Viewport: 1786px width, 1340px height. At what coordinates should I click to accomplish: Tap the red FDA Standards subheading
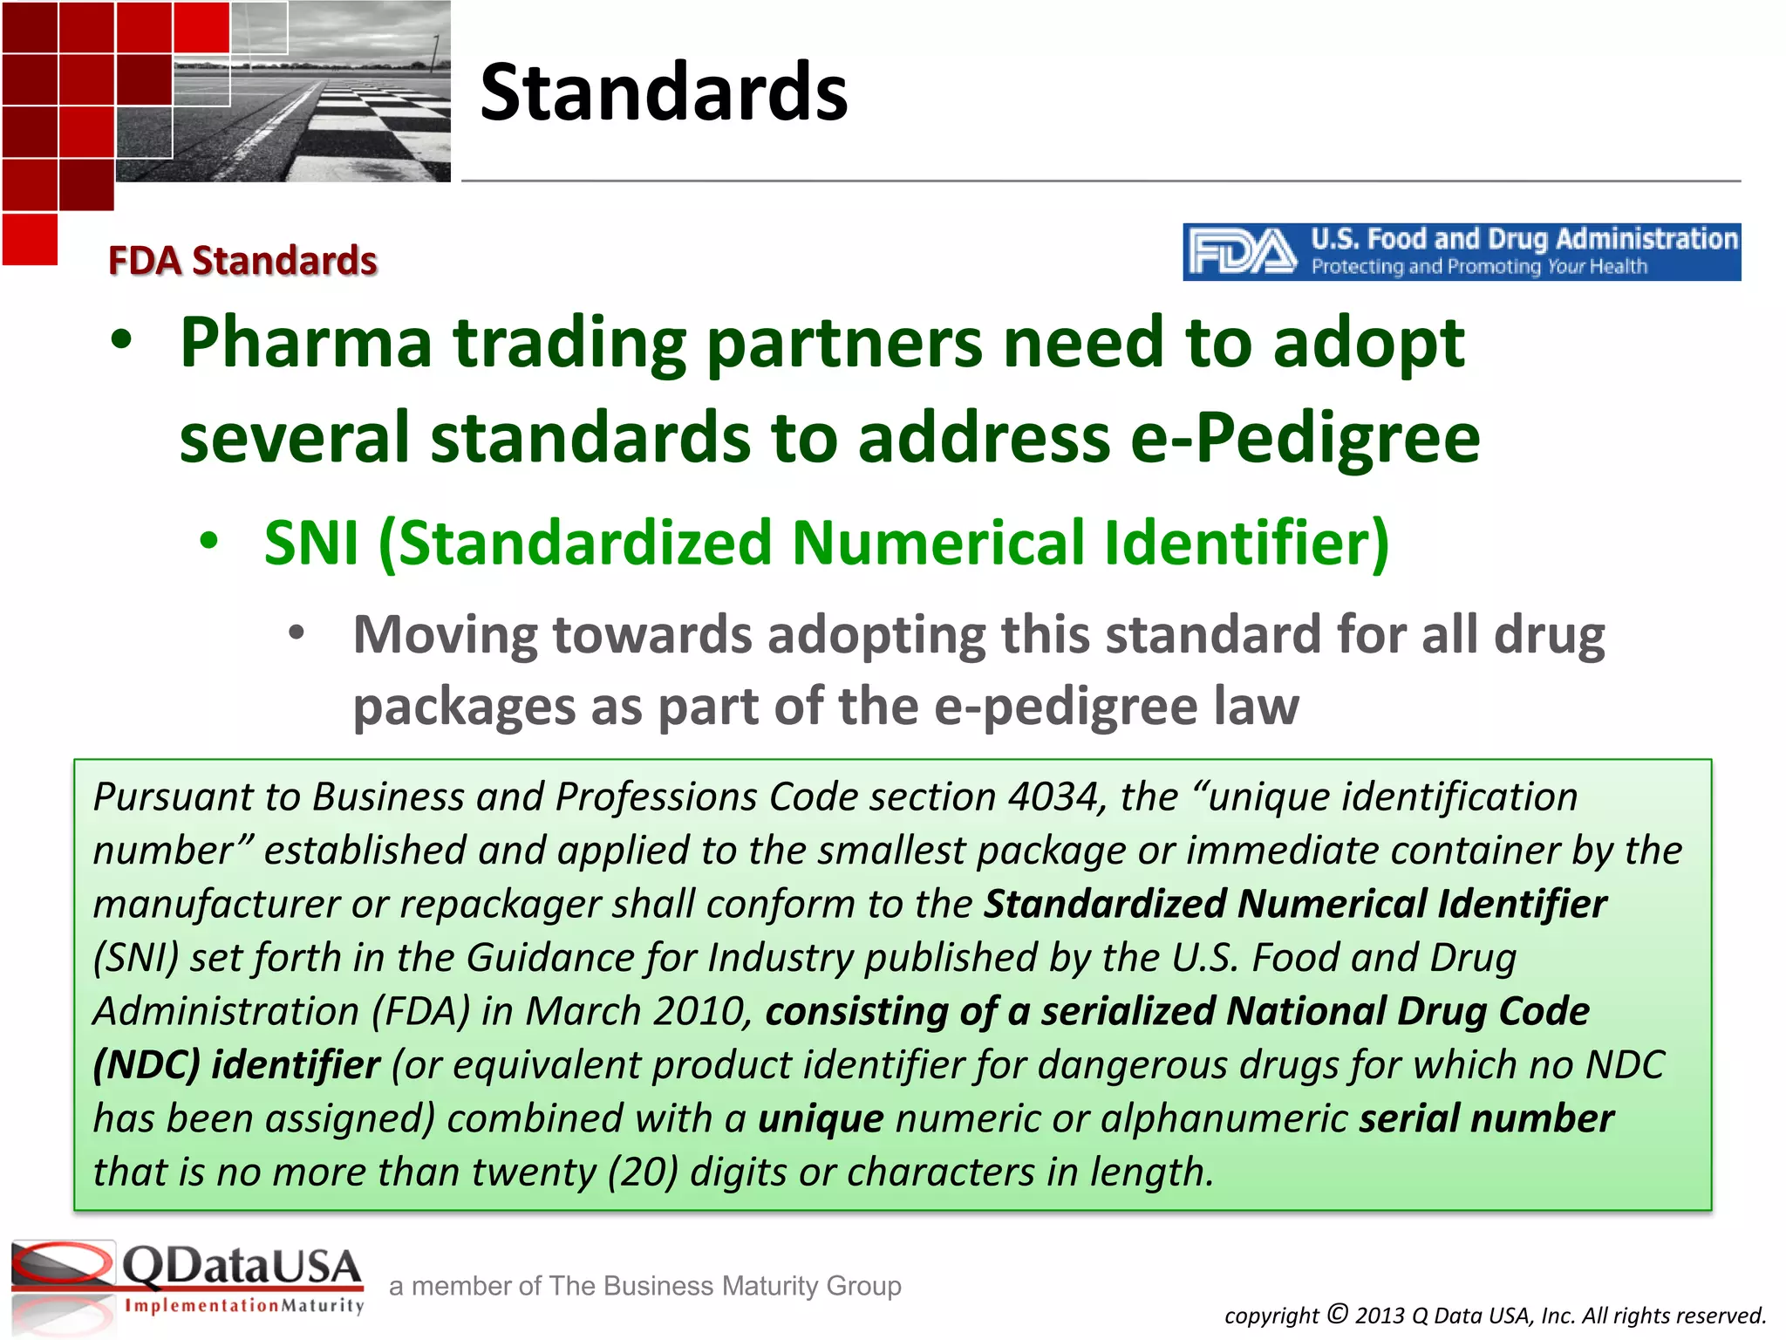242,261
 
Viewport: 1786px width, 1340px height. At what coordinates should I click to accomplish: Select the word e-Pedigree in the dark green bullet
1305,437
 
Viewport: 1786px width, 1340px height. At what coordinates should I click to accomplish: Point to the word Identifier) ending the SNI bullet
1247,543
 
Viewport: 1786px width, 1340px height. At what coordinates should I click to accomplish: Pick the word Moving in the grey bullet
445,634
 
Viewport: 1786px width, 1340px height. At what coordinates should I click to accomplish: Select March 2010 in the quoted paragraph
639,1011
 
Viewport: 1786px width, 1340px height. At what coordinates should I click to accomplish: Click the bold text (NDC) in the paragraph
147,1065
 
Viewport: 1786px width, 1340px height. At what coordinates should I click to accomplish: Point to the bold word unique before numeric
821,1118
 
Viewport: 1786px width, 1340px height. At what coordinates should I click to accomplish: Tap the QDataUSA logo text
242,1267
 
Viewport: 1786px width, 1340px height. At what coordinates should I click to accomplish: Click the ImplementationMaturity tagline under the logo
244,1306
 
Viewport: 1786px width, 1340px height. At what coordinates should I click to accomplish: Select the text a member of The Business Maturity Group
645,1286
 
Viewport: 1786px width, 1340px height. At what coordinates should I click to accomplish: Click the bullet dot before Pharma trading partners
122,342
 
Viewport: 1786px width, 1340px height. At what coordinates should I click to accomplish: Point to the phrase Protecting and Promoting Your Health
1479,267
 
